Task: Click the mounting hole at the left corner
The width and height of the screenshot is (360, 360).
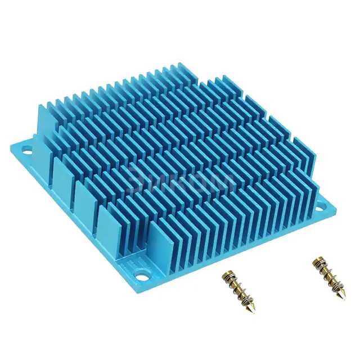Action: click(x=26, y=149)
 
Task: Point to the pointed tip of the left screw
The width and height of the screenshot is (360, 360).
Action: click(x=251, y=311)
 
